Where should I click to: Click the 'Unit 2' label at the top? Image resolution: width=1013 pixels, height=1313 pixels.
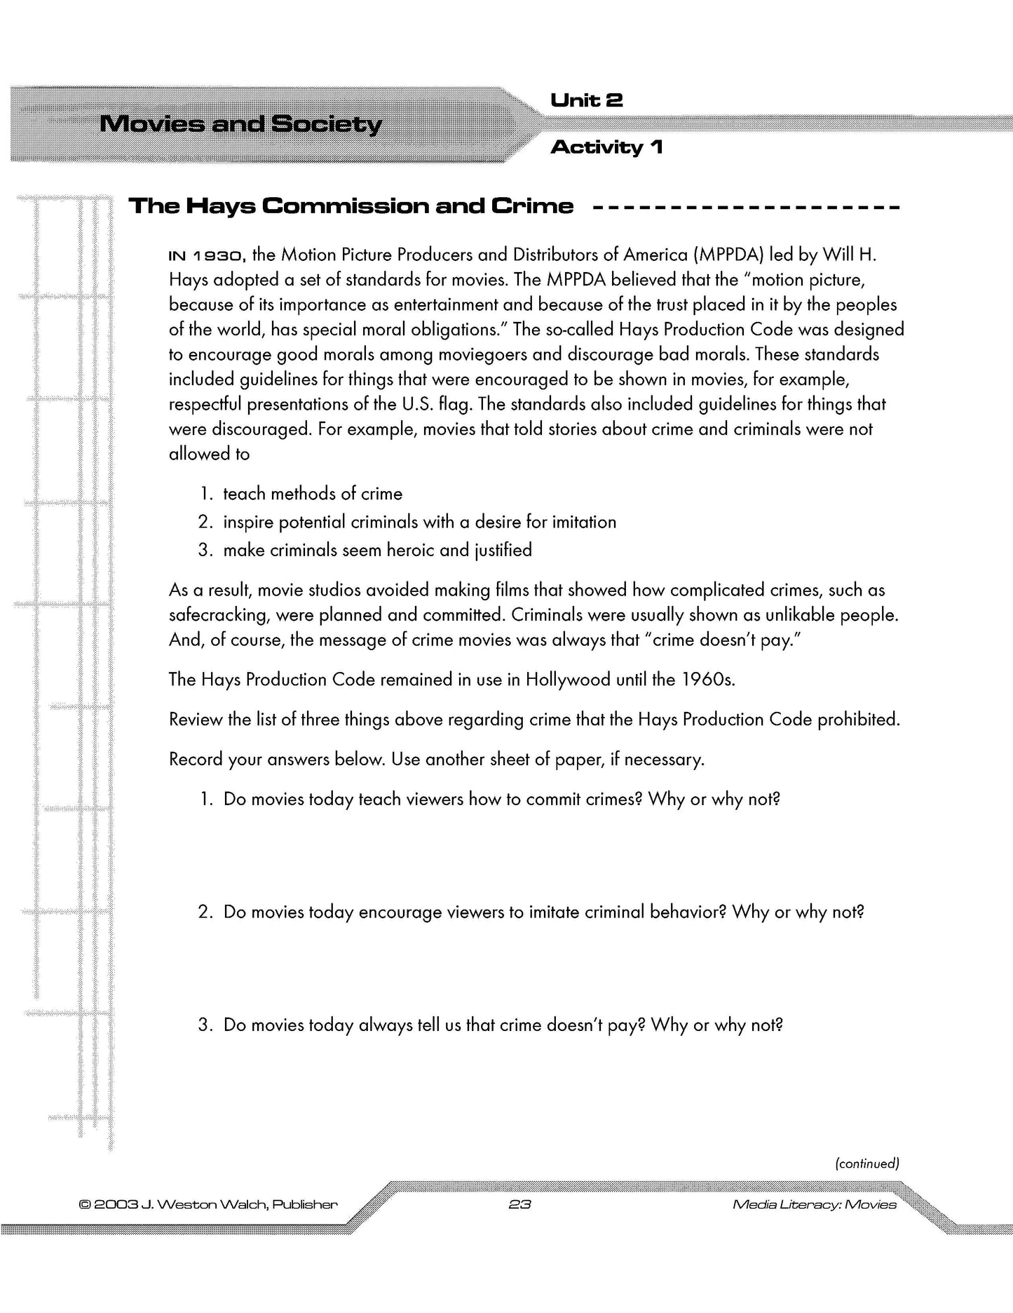point(586,101)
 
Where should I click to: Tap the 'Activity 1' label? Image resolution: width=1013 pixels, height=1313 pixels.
point(606,147)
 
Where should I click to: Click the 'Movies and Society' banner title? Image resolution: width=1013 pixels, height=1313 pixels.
point(241,125)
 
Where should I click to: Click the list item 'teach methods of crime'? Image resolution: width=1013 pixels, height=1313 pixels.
point(313,494)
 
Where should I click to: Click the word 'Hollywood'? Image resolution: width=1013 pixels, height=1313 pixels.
point(568,680)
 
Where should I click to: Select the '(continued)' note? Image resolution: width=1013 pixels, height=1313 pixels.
point(866,1164)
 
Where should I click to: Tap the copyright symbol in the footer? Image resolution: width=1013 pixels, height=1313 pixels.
point(85,1205)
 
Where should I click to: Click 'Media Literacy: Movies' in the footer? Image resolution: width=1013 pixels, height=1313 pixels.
point(814,1205)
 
